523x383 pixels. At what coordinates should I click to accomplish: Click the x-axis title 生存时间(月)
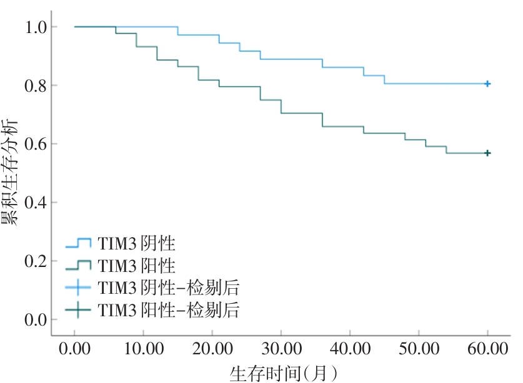click(x=284, y=372)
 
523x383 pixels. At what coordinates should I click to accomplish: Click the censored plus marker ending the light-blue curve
click(x=487, y=84)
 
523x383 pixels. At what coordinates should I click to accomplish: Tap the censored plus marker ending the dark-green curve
click(x=487, y=153)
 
